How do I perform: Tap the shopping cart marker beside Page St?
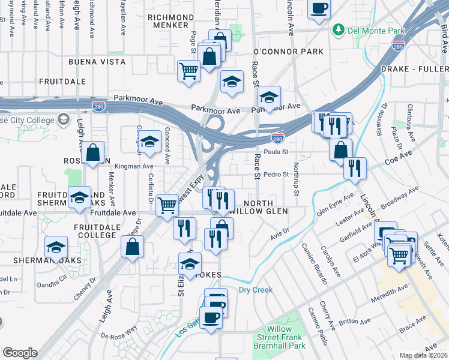188,70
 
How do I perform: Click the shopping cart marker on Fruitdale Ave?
167,205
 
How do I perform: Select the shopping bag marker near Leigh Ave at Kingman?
93,153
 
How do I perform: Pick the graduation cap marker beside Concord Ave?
149,142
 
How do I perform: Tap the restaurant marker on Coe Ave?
355,167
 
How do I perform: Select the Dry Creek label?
256,290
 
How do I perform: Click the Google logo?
20,352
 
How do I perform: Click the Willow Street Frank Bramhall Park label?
280,338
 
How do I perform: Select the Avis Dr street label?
279,230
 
